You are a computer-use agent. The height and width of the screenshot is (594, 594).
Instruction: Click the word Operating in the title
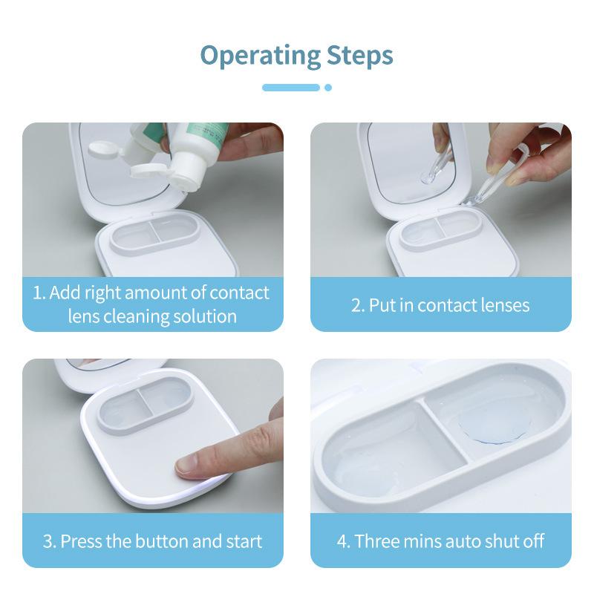click(x=261, y=56)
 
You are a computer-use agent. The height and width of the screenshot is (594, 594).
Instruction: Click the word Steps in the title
click(x=359, y=56)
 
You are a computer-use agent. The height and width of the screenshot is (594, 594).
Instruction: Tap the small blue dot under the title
click(x=328, y=88)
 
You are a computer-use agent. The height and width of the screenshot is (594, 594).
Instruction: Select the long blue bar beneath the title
click(x=291, y=88)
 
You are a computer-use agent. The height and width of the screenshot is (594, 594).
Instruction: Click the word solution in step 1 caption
click(x=205, y=316)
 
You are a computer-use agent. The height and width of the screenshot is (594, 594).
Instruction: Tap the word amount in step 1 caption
click(x=154, y=293)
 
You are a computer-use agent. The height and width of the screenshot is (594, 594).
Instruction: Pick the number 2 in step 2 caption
click(x=358, y=306)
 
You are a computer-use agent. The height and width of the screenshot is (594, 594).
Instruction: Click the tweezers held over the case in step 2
click(x=492, y=178)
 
